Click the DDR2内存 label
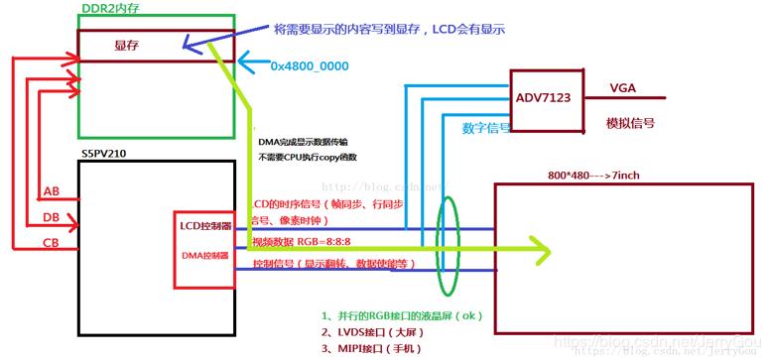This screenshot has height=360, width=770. (109, 8)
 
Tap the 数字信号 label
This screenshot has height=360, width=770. (486, 128)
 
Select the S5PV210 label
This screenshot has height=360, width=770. (106, 157)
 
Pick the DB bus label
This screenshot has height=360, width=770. (52, 217)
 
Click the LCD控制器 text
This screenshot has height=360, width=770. (206, 226)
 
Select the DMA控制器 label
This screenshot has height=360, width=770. (203, 255)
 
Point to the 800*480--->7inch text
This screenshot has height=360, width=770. (592, 176)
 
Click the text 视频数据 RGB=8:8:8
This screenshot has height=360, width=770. (305, 240)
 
